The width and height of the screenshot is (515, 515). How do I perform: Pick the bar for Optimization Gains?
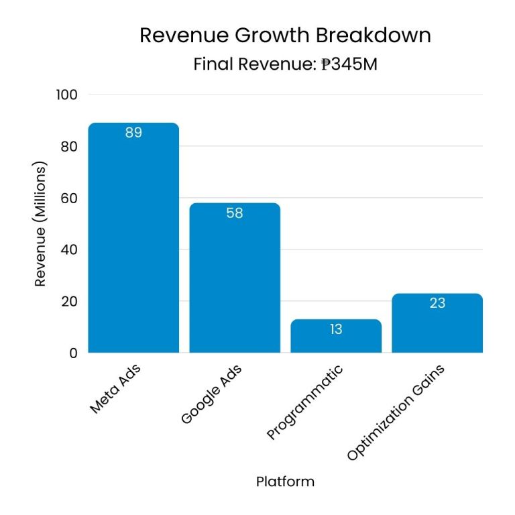click(x=437, y=324)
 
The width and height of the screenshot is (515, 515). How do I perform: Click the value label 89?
click(x=133, y=133)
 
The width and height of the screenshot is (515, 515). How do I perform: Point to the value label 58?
click(x=235, y=213)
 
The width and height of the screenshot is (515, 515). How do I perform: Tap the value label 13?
click(x=336, y=329)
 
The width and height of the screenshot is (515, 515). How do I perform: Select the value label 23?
click(x=437, y=303)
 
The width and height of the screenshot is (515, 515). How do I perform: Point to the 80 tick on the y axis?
click(x=69, y=146)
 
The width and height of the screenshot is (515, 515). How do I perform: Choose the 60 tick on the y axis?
click(x=69, y=198)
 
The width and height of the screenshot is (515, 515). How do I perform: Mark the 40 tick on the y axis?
click(x=69, y=249)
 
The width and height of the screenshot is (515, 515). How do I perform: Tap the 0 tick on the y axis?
click(x=73, y=353)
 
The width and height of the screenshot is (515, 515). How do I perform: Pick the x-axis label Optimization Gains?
click(x=396, y=413)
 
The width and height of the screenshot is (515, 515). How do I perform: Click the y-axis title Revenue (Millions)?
click(x=41, y=224)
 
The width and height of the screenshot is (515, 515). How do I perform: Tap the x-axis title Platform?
click(x=285, y=481)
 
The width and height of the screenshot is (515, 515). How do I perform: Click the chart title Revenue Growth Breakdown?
click(x=285, y=36)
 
